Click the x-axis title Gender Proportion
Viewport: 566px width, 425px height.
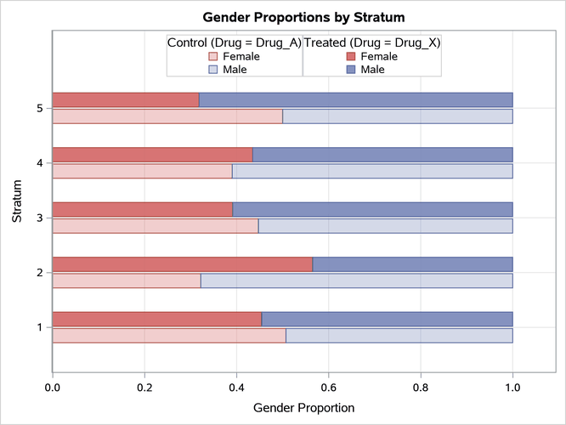(303, 407)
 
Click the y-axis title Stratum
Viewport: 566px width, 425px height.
(17, 203)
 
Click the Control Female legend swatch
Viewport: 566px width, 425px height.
(213, 56)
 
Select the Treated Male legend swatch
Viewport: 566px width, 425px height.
(351, 69)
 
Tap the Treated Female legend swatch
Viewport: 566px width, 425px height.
(351, 56)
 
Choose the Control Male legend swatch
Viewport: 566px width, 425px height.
(213, 69)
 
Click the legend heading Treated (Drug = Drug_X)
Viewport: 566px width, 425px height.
(371, 42)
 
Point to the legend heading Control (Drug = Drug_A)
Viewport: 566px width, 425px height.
(234, 42)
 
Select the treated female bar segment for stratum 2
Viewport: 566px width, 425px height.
(183, 263)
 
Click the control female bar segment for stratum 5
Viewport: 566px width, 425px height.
(167, 116)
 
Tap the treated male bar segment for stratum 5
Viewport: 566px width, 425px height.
(355, 100)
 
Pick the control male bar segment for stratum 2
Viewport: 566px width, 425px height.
(356, 280)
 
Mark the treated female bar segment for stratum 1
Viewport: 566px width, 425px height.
(157, 319)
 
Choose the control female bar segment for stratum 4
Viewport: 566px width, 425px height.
(143, 171)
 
